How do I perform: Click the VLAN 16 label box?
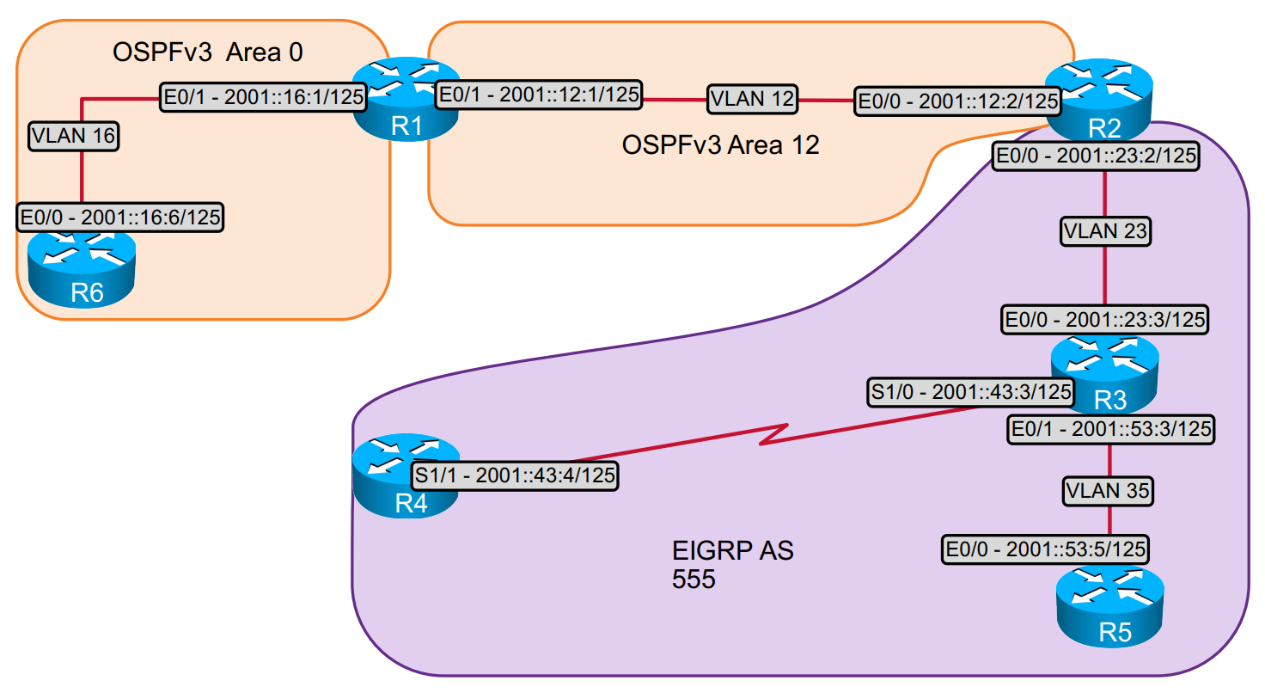click(x=74, y=136)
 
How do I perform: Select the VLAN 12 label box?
click(x=752, y=99)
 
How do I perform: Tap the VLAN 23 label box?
click(x=1105, y=231)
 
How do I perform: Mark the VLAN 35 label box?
click(x=1108, y=491)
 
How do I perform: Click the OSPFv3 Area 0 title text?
click(x=207, y=52)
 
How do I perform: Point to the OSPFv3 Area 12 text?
click(x=720, y=144)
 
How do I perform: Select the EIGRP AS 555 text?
click(x=732, y=564)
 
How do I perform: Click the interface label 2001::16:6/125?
click(x=120, y=217)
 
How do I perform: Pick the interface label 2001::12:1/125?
click(x=539, y=95)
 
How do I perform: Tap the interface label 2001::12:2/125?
click(x=958, y=101)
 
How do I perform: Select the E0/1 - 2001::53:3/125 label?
click(x=1111, y=429)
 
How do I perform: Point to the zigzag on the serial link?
click(x=774, y=434)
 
